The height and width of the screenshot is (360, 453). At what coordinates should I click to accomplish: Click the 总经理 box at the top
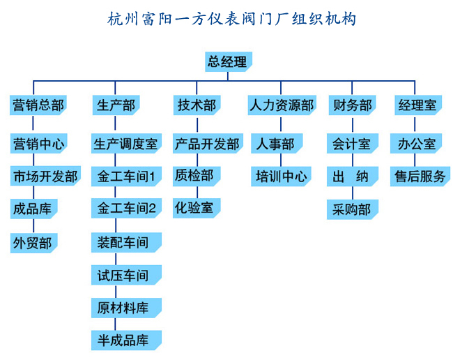[x=229, y=61]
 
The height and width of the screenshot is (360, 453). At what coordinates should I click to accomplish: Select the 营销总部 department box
[x=38, y=105]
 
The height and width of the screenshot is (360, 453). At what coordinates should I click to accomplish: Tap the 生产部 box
[x=116, y=105]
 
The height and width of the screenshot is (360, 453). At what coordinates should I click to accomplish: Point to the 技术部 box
[x=197, y=105]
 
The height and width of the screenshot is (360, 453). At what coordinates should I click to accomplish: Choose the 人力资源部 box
[x=282, y=105]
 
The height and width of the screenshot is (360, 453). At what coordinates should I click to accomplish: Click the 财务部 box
[x=352, y=105]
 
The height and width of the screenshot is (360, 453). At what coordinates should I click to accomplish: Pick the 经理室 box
[x=418, y=105]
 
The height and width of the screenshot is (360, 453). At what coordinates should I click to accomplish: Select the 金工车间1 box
[x=126, y=177]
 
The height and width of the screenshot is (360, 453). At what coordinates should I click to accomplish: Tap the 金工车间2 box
[x=126, y=208]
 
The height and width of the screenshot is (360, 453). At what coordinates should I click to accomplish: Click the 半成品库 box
[x=126, y=340]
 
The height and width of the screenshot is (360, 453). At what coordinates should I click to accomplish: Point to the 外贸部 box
[x=34, y=243]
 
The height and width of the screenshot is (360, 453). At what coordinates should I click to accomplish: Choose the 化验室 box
[x=197, y=208]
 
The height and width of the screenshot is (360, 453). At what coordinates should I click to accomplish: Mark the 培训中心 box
[x=281, y=177]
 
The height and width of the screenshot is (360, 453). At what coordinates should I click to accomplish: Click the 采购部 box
[x=353, y=209]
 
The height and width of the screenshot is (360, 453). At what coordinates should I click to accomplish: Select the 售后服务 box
[x=420, y=177]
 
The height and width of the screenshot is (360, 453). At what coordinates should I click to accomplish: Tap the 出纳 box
[x=353, y=177]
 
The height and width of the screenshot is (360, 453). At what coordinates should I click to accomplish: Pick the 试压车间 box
[x=126, y=275]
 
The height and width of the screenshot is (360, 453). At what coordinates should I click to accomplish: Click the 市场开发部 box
[x=45, y=176]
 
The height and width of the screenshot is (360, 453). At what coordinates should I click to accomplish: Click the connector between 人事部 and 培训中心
[x=281, y=160]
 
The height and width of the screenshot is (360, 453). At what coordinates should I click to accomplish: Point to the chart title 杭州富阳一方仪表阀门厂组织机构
[x=231, y=19]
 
